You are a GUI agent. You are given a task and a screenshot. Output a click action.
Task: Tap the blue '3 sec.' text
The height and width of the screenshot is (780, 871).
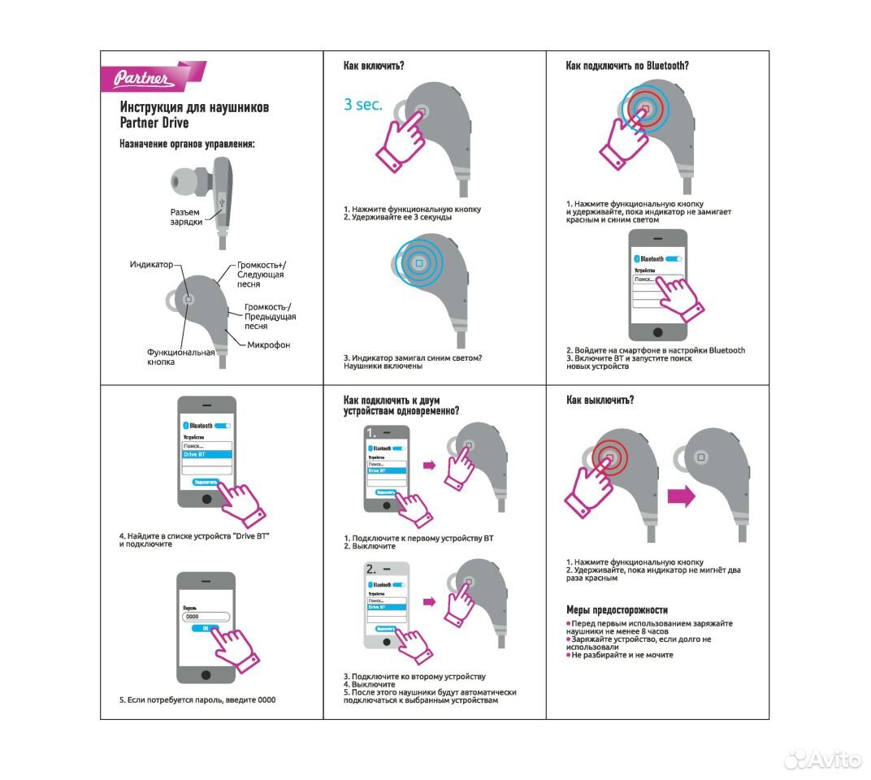[362, 105]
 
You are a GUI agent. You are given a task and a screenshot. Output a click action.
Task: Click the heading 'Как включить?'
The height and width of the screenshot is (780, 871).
[374, 65]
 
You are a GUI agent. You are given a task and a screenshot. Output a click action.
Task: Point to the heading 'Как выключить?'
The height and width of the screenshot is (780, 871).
[600, 400]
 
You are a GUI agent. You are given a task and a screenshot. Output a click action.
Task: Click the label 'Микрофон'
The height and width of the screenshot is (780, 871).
[269, 345]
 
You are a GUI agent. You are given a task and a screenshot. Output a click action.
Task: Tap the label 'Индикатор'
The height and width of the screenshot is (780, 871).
[151, 265]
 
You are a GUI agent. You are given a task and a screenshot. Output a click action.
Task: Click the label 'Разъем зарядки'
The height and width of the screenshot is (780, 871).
[187, 217]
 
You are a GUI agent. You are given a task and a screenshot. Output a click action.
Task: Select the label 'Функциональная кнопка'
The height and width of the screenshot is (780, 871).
[180, 357]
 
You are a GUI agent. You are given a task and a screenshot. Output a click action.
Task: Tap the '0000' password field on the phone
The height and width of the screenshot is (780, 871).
[206, 617]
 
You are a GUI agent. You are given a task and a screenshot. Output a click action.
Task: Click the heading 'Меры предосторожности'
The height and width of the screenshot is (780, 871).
[617, 609]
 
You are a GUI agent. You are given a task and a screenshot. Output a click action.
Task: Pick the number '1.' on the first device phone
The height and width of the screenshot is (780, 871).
[373, 432]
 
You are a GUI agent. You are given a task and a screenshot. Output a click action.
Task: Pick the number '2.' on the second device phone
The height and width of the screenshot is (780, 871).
[373, 568]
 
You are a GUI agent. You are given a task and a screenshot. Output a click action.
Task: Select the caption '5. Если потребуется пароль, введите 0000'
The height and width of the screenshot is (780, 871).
[197, 700]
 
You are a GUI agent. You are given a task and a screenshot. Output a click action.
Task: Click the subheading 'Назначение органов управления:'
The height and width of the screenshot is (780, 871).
[187, 144]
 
